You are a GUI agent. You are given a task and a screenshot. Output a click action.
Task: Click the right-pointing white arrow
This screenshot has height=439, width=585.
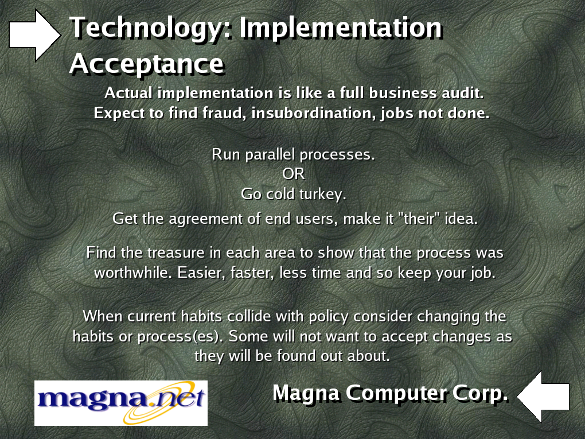tap(34, 35)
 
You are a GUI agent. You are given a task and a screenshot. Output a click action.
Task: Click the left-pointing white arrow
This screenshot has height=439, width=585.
tap(543, 397)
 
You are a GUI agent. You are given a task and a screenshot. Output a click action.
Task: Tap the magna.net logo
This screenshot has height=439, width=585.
tap(121, 403)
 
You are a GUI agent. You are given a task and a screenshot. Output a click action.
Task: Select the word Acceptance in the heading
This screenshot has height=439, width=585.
tap(147, 64)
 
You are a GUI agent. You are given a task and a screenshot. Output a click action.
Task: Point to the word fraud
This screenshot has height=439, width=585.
tap(224, 112)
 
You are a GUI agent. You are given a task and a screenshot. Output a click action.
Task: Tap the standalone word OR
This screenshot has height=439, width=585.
tap(294, 174)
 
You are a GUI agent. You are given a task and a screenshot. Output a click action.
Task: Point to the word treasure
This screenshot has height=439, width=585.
tap(175, 252)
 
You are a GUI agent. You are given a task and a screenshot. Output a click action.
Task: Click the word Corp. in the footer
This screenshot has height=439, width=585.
tap(481, 393)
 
